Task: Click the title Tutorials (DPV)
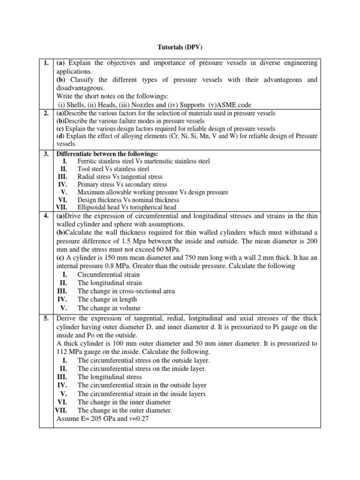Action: (x=180, y=47)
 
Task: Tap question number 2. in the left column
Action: (x=46, y=113)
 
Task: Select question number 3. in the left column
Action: (x=46, y=153)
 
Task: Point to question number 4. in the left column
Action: (x=46, y=216)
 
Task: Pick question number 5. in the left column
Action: (x=46, y=319)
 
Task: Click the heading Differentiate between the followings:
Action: (x=107, y=153)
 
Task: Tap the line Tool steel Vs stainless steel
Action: (x=113, y=169)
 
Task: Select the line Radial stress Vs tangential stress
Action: (x=120, y=177)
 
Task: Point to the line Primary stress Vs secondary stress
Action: (x=122, y=184)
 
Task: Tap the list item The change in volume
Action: (x=109, y=308)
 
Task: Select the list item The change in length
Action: (x=107, y=300)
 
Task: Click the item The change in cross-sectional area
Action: (x=126, y=291)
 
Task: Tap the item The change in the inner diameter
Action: (x=124, y=402)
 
